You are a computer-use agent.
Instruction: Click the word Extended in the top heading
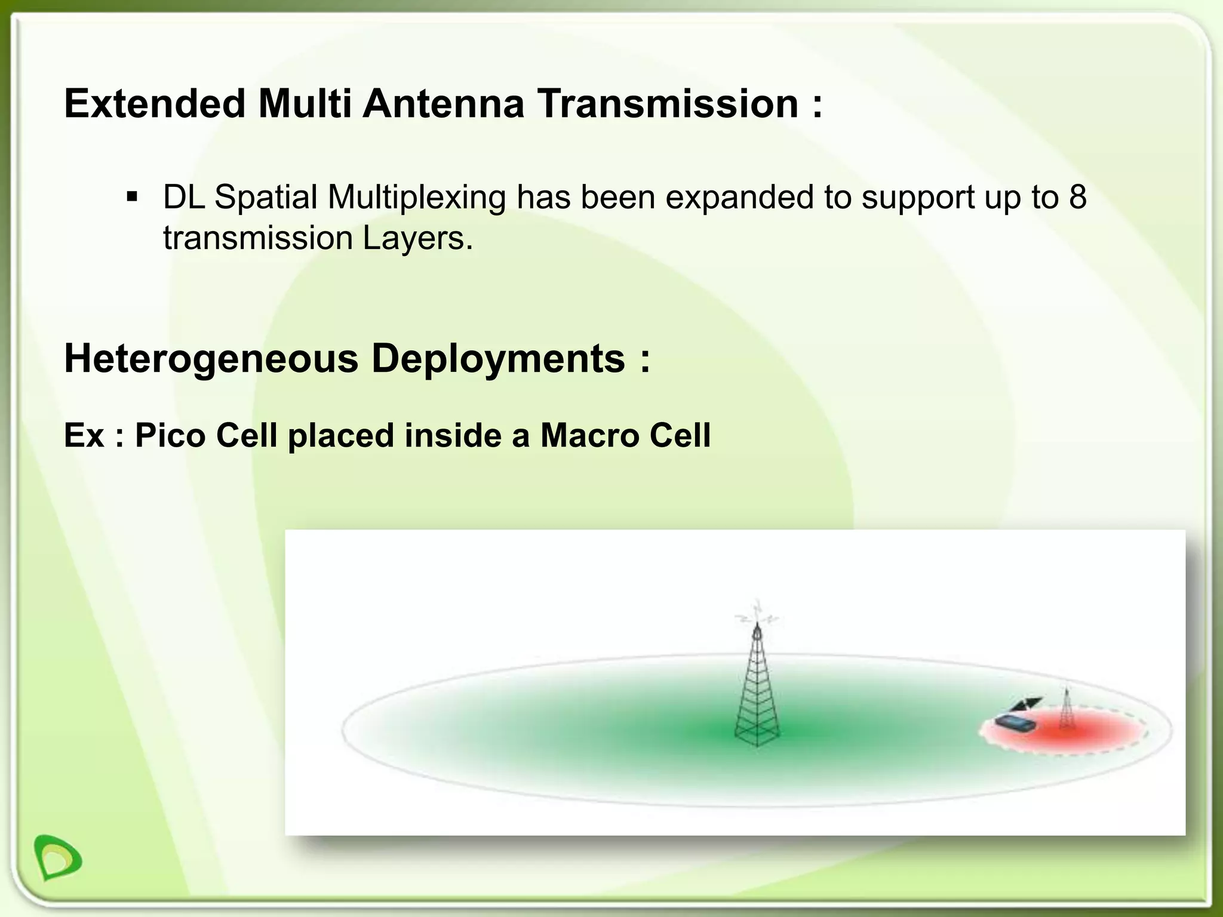(155, 103)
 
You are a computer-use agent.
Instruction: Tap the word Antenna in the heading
(443, 103)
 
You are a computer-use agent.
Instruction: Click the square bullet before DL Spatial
(132, 196)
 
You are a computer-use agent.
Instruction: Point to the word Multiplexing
(416, 198)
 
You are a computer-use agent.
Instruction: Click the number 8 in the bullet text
(1077, 196)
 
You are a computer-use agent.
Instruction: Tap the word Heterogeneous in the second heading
(211, 358)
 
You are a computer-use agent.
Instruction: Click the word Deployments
(498, 358)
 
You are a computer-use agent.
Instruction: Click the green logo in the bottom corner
(58, 857)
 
